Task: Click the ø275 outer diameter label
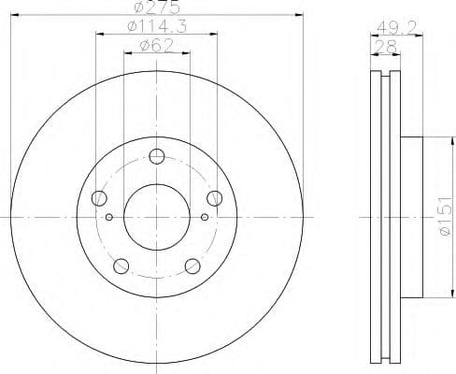pos(156,7)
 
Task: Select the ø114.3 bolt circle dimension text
pos(156,27)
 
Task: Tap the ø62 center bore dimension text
pos(156,47)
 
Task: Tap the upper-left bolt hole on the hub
pos(99,197)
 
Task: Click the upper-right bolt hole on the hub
pos(215,197)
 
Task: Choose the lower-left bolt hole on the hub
pos(121,266)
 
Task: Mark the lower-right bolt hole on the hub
pos(192,266)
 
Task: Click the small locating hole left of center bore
pos(109,217)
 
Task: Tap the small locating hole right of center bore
pos(205,217)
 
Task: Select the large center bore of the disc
pos(157,217)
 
